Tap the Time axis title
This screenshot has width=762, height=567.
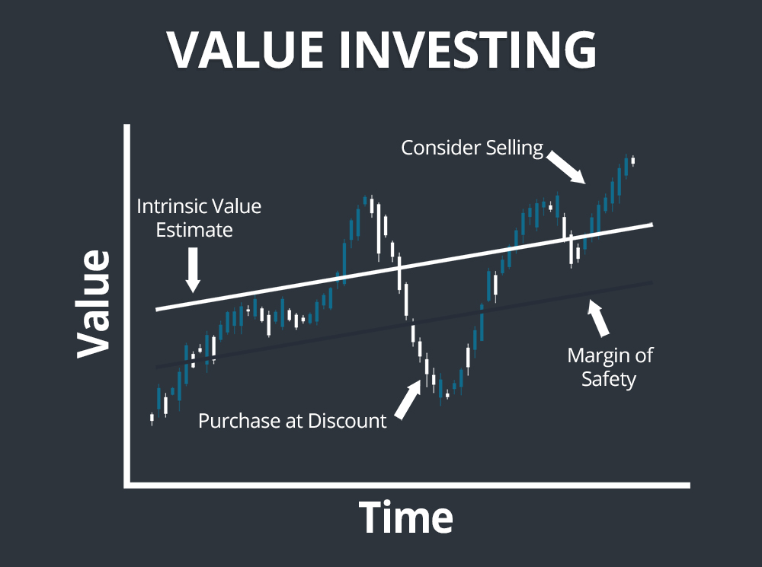pyautogui.click(x=405, y=518)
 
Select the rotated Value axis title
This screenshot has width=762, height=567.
pyautogui.click(x=94, y=303)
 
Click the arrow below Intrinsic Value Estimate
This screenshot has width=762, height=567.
pyautogui.click(x=192, y=269)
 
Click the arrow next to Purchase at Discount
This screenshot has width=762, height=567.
pyautogui.click(x=407, y=398)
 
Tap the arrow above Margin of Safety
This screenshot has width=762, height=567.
pyautogui.click(x=600, y=317)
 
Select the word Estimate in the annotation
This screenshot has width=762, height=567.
pyautogui.click(x=194, y=229)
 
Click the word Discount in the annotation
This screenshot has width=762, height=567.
pyautogui.click(x=347, y=420)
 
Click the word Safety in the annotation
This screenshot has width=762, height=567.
pyautogui.click(x=608, y=378)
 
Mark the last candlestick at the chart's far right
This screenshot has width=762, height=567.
pyautogui.click(x=632, y=160)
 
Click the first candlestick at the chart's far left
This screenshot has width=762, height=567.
pyautogui.click(x=152, y=418)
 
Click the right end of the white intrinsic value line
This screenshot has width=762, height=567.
pyautogui.click(x=652, y=225)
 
